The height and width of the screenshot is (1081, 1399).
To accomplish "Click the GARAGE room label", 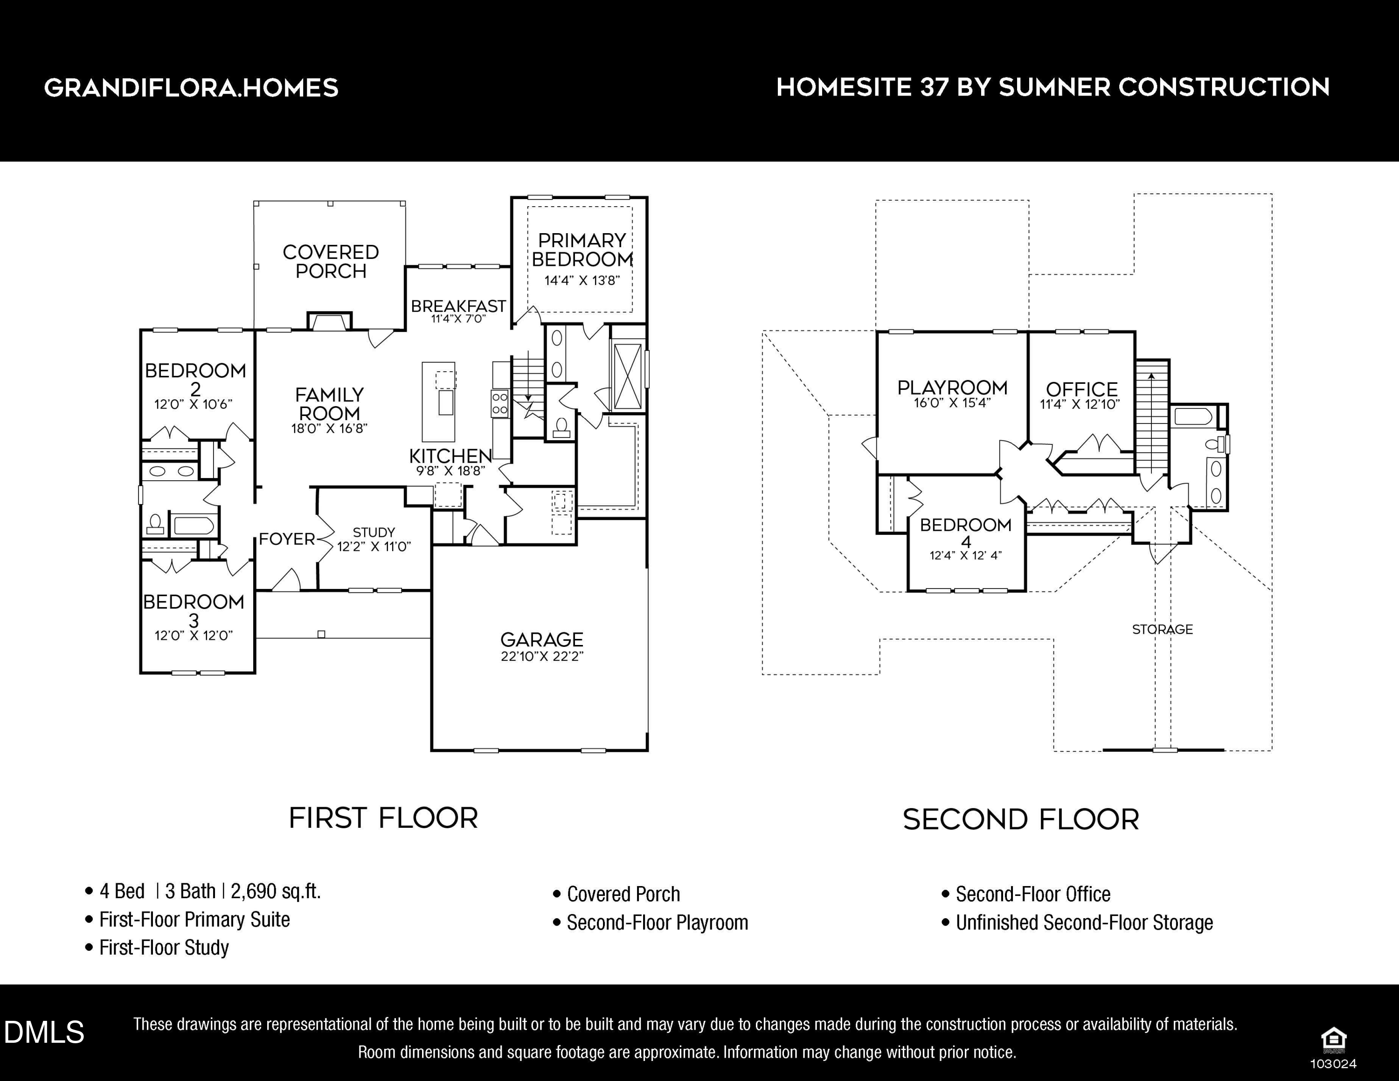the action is tap(542, 639).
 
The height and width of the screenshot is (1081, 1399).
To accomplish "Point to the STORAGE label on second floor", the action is tap(1163, 630).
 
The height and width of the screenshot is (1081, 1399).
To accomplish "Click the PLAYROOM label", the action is tap(953, 388).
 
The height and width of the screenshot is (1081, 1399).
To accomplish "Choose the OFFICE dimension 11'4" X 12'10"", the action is tap(1080, 405).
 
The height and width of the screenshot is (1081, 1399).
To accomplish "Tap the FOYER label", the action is tap(287, 539).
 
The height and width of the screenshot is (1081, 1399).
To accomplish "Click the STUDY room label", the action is tap(374, 532).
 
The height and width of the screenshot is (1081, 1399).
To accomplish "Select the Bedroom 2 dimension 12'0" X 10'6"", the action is tap(194, 405).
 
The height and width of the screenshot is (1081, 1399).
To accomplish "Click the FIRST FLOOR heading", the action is tap(383, 818).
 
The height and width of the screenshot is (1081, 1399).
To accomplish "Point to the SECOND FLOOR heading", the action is tap(1021, 820).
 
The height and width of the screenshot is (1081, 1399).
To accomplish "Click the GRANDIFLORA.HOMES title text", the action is tap(191, 88).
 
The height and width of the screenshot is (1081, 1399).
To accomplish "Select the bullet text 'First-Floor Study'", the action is tap(164, 947).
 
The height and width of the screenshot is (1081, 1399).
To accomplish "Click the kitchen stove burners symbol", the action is tap(499, 403).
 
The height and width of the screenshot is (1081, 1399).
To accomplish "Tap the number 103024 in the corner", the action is tap(1334, 1064).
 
